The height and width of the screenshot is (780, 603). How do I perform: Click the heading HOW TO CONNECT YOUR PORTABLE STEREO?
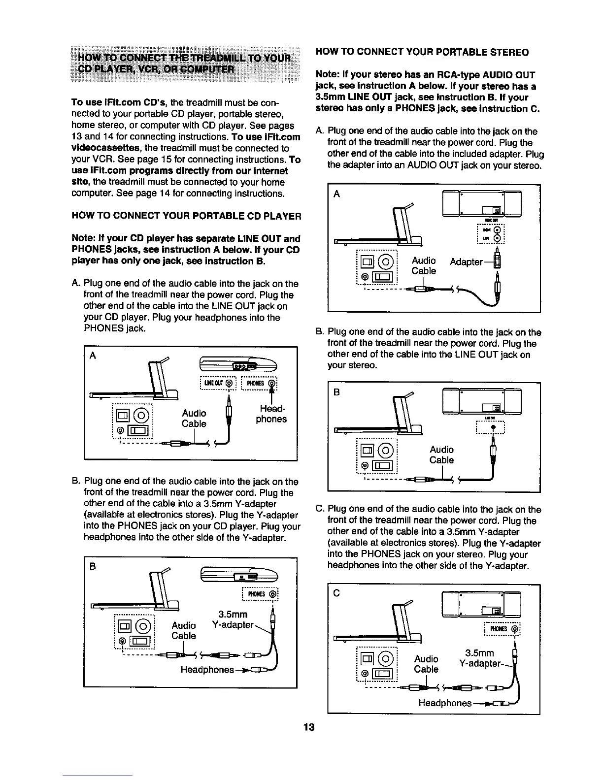click(x=422, y=52)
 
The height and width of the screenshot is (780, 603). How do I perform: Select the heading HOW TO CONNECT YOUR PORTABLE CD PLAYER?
click(x=186, y=217)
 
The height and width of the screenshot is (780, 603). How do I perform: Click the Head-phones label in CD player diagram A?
click(x=271, y=414)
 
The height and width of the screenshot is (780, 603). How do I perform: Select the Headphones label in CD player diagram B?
click(x=207, y=670)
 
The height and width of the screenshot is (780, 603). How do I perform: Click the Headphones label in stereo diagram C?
click(x=445, y=703)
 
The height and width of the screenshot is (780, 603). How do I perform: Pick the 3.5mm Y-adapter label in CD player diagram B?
click(x=233, y=620)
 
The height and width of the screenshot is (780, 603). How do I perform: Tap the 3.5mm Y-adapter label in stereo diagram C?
click(x=480, y=658)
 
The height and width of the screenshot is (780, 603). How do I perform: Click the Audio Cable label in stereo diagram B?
click(x=441, y=455)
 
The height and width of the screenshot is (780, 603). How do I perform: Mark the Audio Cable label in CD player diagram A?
click(x=194, y=418)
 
